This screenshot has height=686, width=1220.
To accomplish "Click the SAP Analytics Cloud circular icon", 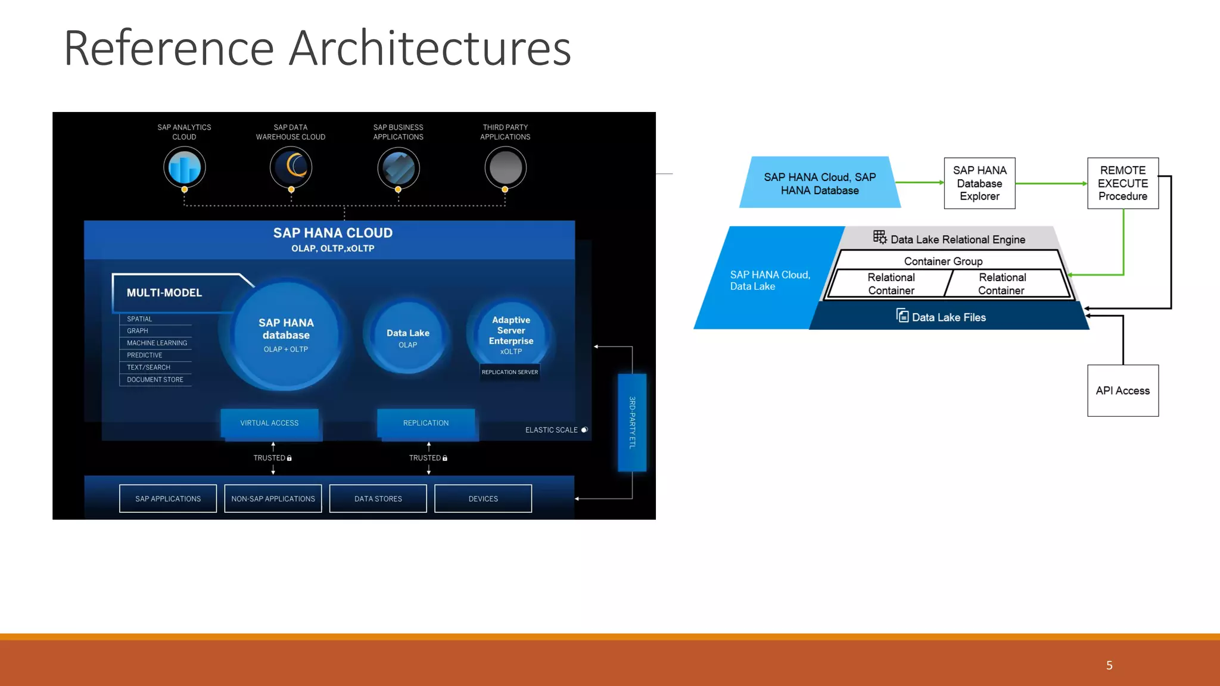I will [185, 167].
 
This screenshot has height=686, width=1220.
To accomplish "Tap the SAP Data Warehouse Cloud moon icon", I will [291, 167].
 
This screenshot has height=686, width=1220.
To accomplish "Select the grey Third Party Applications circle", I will [505, 167].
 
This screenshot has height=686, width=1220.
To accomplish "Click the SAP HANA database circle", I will [286, 335].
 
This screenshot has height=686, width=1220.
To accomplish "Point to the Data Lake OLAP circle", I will [407, 338].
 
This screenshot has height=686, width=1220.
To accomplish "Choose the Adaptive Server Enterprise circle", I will [511, 333].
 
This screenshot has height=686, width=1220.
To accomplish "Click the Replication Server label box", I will [510, 372].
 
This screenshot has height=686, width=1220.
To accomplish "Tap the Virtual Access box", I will [269, 423].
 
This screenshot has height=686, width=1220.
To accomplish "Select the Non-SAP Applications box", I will [273, 498].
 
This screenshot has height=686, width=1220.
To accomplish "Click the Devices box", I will [483, 498].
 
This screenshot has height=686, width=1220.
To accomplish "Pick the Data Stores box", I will [378, 498].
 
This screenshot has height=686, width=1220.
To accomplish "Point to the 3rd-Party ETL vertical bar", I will [632, 422].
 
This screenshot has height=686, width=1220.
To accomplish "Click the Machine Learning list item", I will [157, 343].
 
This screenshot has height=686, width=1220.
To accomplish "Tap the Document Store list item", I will [155, 379].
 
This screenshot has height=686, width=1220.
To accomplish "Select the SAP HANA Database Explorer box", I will [979, 183].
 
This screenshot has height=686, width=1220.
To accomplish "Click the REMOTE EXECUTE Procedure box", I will [1123, 183].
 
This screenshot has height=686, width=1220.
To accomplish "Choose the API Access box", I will [1123, 391].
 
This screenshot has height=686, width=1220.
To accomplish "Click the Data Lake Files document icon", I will [902, 316].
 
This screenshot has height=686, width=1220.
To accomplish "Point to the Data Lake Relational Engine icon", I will [880, 237].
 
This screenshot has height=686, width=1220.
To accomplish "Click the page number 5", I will [1109, 665].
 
